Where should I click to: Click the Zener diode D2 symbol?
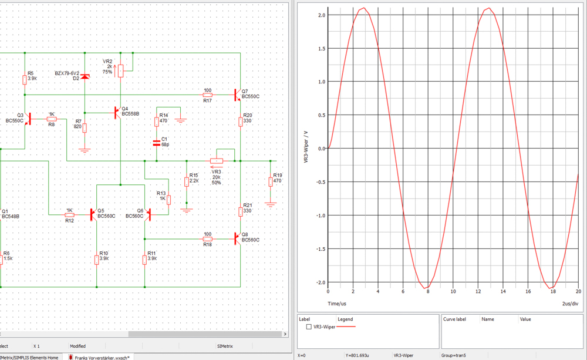click(x=85, y=77)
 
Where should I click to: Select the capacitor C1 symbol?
click(x=157, y=143)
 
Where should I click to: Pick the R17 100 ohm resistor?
click(x=207, y=95)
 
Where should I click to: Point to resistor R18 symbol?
click(x=207, y=238)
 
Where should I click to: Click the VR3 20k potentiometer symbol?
click(x=217, y=161)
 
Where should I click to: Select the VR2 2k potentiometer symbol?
click(x=120, y=70)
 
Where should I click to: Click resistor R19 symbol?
click(x=270, y=181)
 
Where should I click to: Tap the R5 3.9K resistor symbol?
click(x=25, y=79)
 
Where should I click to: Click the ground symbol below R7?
click(x=85, y=150)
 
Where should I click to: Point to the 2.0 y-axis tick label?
click(x=321, y=15)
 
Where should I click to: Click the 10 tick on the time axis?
click(x=453, y=291)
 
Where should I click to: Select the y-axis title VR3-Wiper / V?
click(x=306, y=147)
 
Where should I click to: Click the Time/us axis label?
click(x=337, y=304)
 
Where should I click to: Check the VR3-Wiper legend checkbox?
click(x=309, y=327)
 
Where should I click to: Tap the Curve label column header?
click(x=454, y=319)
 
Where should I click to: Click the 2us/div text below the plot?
click(x=570, y=304)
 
